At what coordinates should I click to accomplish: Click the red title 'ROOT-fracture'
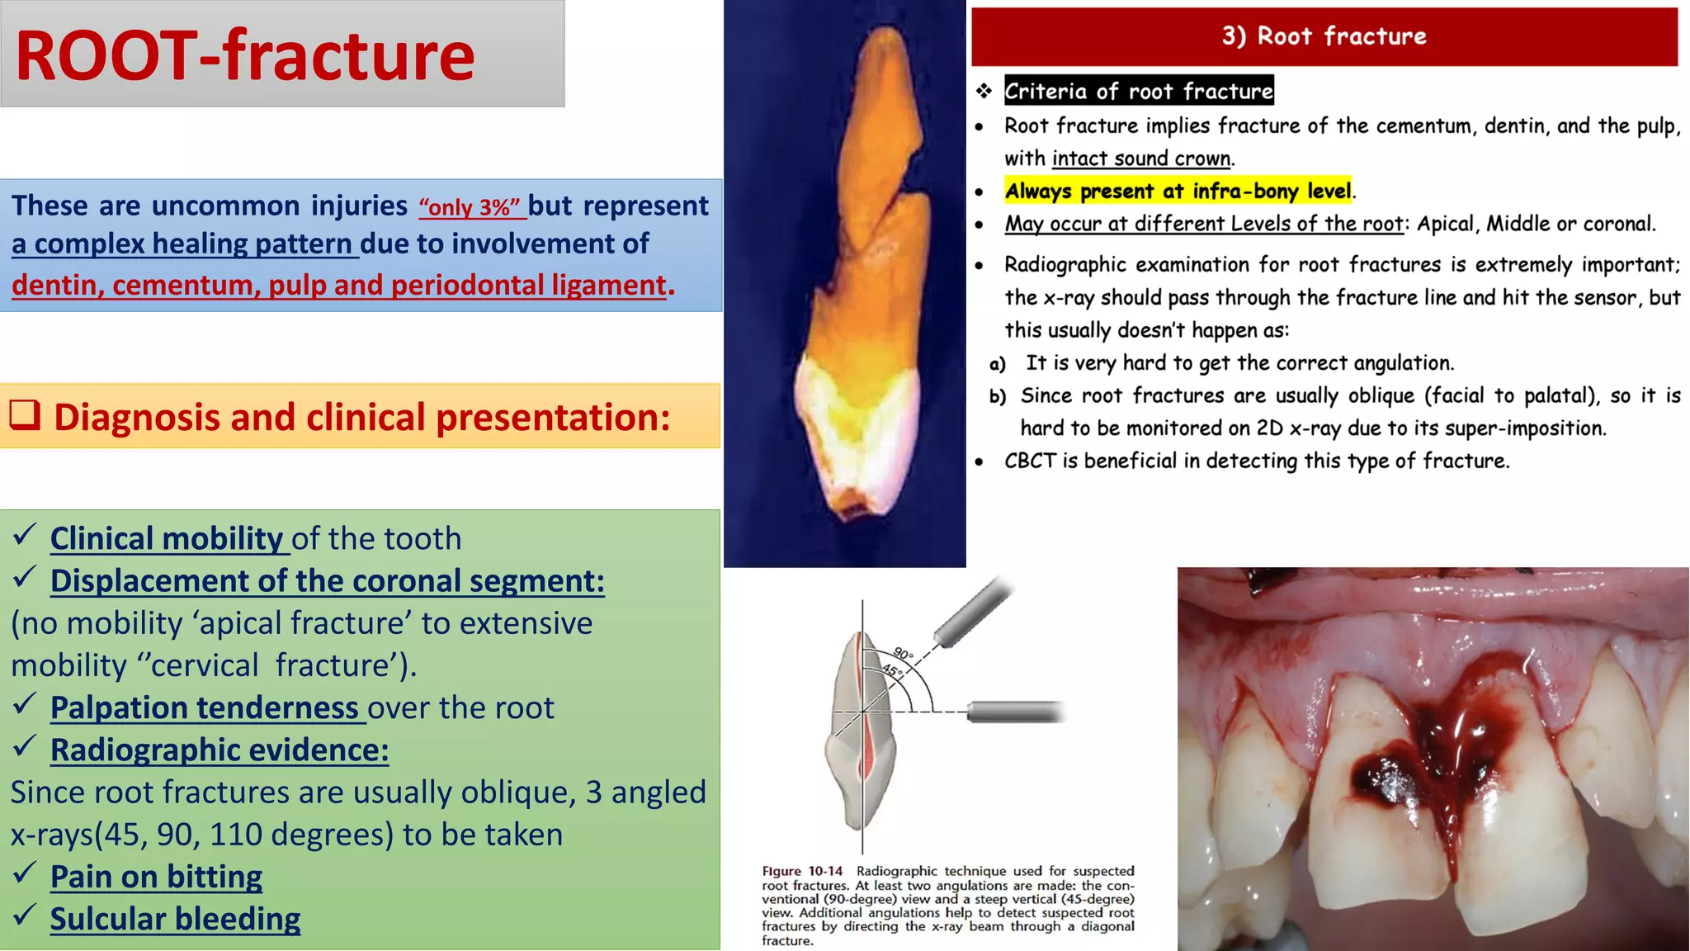(x=245, y=56)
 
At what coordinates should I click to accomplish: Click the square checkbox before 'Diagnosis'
(x=25, y=415)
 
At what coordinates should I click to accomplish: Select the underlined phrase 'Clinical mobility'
(x=167, y=538)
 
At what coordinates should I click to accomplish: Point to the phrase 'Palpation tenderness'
(x=204, y=707)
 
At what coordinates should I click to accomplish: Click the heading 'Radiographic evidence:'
(x=220, y=750)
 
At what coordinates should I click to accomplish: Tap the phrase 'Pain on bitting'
(x=156, y=876)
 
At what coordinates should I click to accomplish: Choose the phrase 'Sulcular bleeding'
(x=175, y=919)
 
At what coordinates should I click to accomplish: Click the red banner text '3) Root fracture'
(x=1324, y=36)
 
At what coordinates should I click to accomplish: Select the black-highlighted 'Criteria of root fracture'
(x=1138, y=91)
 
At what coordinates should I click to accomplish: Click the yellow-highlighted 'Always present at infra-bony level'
(x=1178, y=192)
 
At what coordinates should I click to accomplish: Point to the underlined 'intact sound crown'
(x=1141, y=158)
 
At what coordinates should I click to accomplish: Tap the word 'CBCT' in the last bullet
(x=1029, y=461)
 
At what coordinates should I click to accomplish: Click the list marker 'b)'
(x=998, y=397)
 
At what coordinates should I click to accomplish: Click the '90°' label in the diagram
(x=903, y=654)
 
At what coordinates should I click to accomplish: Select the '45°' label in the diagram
(x=892, y=670)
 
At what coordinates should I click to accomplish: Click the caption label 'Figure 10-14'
(x=802, y=871)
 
